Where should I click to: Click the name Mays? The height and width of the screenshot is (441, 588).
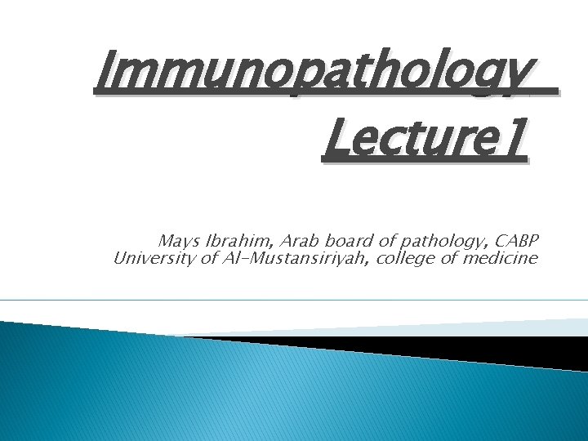tap(176, 242)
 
